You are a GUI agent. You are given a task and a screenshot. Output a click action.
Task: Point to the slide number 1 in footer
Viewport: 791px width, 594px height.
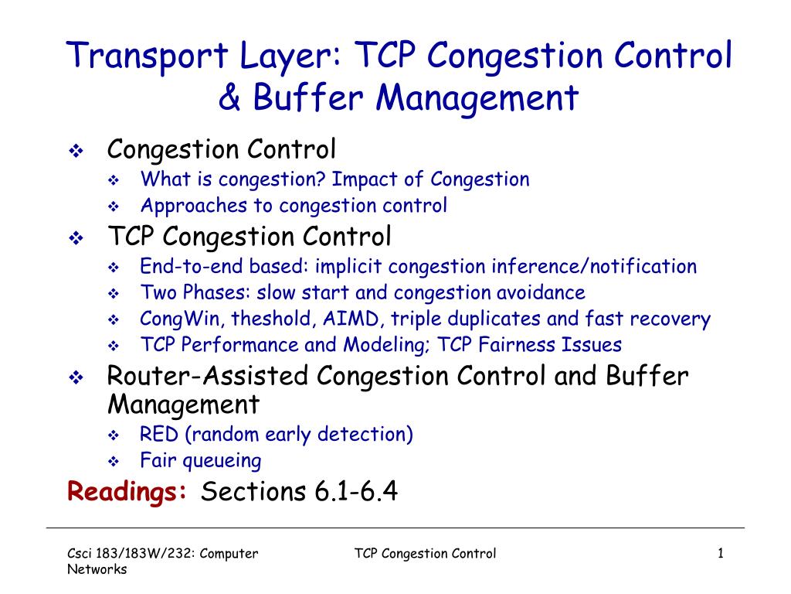(x=720, y=553)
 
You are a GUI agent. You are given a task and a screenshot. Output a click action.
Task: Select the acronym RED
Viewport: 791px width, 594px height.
(x=157, y=434)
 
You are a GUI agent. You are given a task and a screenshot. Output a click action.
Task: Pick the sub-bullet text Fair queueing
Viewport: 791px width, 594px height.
(x=201, y=461)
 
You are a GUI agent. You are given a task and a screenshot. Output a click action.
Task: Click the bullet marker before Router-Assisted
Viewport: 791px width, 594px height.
(x=76, y=378)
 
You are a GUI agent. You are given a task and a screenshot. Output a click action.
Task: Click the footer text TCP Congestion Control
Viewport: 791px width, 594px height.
(x=425, y=553)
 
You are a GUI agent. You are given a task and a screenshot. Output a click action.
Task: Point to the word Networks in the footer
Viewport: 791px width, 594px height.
(x=96, y=569)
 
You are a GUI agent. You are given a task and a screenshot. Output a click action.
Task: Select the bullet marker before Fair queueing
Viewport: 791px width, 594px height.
(x=113, y=462)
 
